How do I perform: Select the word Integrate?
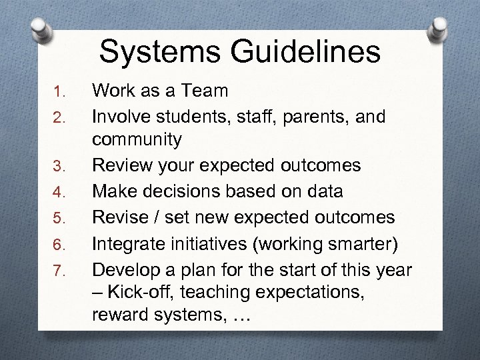coord(127,243)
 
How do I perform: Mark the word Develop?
coord(123,269)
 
